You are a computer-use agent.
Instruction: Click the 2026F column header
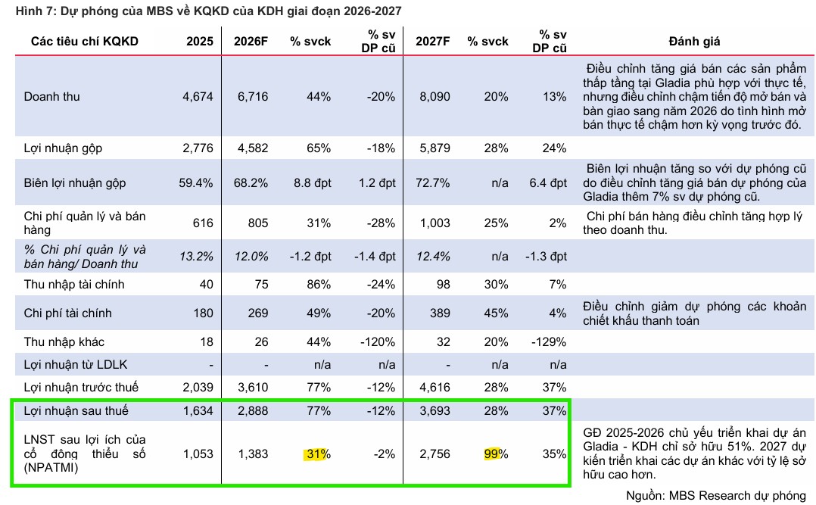(252, 41)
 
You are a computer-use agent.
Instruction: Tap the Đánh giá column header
(694, 41)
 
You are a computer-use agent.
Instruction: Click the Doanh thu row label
(51, 97)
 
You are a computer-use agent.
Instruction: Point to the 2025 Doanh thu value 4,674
(198, 97)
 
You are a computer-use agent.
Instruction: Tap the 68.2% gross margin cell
(252, 183)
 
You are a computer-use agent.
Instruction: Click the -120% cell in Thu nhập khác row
(376, 342)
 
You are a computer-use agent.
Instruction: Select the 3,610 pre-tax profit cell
(252, 388)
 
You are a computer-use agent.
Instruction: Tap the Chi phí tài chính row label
(66, 313)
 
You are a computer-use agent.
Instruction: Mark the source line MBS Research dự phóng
(715, 496)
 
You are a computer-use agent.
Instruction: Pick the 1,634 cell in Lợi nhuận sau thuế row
(198, 411)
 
